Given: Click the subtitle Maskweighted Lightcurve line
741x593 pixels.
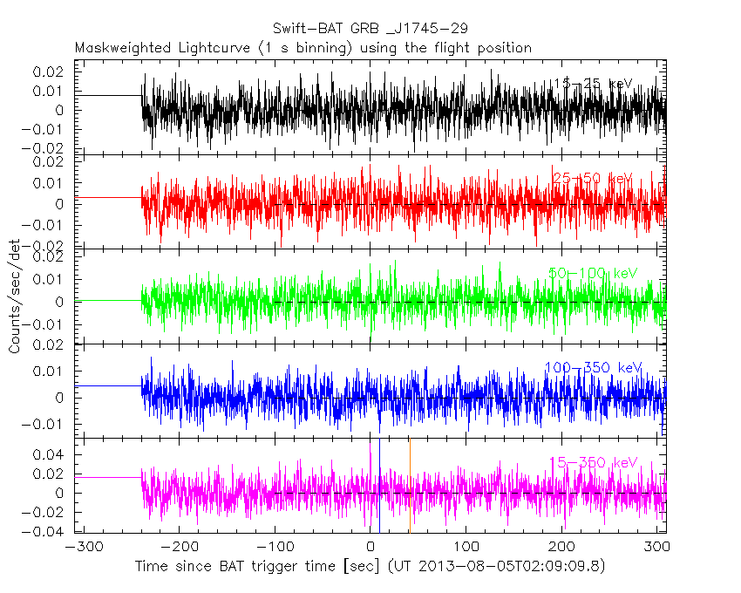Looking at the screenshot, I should (x=303, y=47).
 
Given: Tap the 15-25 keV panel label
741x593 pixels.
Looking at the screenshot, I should (x=593, y=84).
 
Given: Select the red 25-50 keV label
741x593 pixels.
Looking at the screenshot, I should (x=593, y=179).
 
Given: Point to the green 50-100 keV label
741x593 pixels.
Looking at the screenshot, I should (x=593, y=273).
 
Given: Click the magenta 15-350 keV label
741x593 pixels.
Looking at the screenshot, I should (x=593, y=462).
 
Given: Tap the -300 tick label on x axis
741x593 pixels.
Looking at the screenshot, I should (x=80, y=549).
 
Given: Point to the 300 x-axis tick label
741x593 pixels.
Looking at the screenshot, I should (x=658, y=549).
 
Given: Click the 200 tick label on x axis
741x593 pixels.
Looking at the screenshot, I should (x=562, y=549).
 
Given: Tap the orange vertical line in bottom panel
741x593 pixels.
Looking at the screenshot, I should (x=410, y=488).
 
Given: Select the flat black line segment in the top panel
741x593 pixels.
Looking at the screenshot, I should (x=108, y=95).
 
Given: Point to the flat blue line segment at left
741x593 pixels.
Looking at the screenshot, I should (x=108, y=385).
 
